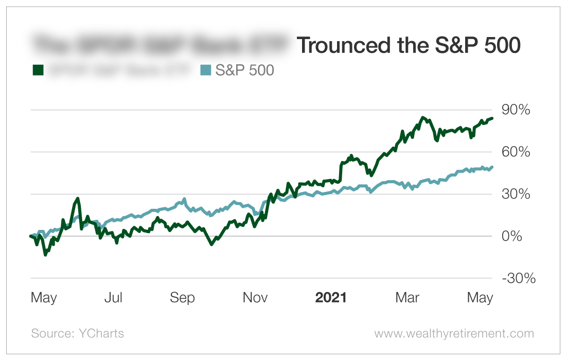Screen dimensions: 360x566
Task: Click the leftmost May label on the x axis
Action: [44, 298]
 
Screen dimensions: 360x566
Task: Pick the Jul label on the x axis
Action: [113, 298]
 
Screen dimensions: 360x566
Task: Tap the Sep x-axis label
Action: [183, 298]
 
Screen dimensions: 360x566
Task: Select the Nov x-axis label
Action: [256, 298]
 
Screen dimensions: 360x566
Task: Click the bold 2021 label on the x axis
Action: [331, 298]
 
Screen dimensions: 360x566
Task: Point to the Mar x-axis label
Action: [407, 298]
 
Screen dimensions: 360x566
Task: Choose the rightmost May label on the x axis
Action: [480, 298]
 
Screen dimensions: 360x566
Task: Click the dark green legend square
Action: [38, 70]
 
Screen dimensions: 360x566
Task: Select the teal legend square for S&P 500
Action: [205, 70]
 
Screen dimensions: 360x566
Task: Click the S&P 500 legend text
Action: [244, 70]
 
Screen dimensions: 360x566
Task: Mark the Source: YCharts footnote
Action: [78, 333]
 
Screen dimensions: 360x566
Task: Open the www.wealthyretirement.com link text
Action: [454, 333]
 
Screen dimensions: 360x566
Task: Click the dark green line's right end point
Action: [492, 118]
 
